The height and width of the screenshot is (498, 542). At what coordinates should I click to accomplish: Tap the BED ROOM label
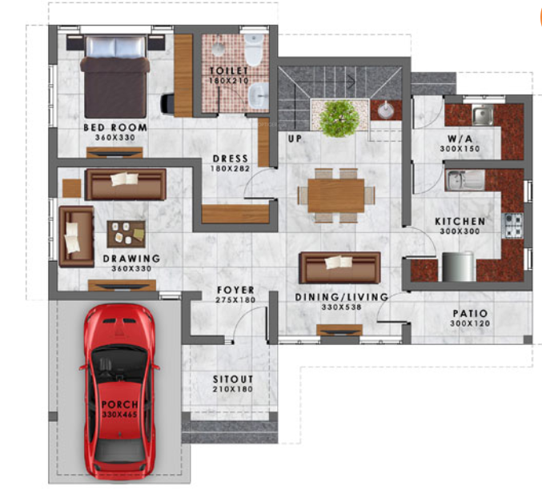click(x=115, y=127)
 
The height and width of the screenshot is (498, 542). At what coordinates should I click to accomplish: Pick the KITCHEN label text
click(x=459, y=221)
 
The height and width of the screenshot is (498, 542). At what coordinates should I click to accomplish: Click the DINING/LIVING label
click(x=341, y=297)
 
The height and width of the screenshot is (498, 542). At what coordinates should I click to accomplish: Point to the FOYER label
click(x=235, y=290)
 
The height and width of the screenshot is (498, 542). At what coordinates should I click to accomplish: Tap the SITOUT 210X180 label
click(x=233, y=384)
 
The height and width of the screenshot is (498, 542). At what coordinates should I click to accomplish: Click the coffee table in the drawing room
click(x=126, y=234)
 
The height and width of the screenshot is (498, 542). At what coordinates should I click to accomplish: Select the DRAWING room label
click(x=131, y=259)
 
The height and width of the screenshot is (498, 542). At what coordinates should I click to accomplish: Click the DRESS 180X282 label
click(x=230, y=163)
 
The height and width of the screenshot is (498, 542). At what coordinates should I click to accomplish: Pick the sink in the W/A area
click(x=481, y=117)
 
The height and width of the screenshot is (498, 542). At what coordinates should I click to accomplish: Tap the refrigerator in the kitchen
click(x=458, y=266)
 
